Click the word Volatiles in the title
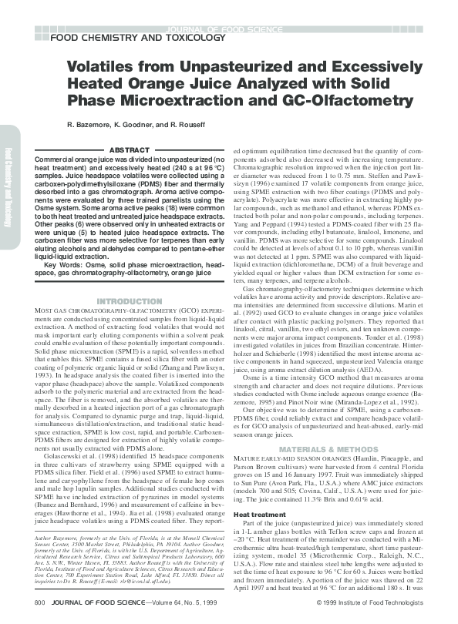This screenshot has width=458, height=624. click(x=100, y=67)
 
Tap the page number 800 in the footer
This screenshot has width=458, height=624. click(x=39, y=600)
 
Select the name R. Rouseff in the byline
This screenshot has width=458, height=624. click(x=191, y=124)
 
